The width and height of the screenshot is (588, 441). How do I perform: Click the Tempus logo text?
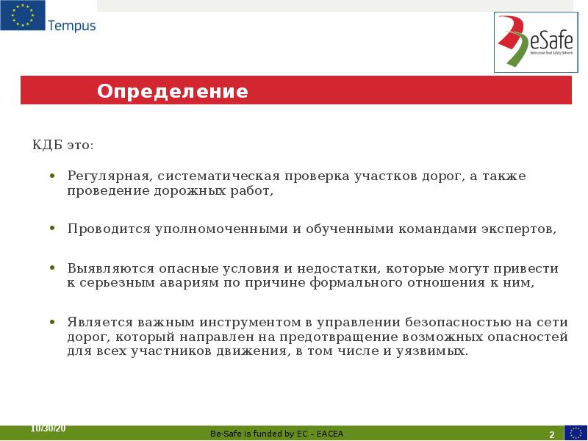point(71,26)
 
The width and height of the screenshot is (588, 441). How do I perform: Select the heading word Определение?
point(173,92)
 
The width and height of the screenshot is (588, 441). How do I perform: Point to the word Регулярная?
point(110,176)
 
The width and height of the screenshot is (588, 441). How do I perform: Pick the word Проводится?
point(109,229)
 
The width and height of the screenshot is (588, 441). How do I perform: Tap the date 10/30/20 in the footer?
point(48,429)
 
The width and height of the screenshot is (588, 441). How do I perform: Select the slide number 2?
point(551,434)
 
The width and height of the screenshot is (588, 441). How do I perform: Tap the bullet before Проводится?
point(52,229)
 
